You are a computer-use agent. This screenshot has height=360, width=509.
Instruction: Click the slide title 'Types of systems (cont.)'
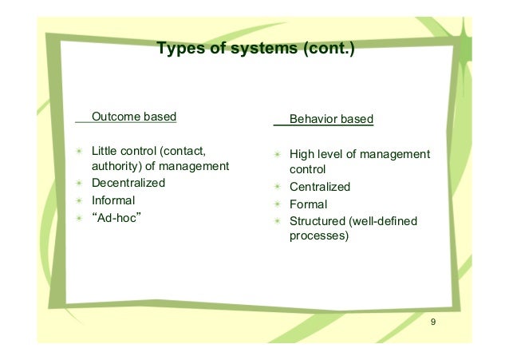click(x=255, y=50)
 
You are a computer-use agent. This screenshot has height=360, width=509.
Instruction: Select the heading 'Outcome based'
click(x=134, y=119)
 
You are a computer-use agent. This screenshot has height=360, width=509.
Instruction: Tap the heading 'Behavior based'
click(x=331, y=120)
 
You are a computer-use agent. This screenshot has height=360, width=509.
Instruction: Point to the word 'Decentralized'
click(x=129, y=183)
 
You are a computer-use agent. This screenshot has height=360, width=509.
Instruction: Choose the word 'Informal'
click(x=114, y=200)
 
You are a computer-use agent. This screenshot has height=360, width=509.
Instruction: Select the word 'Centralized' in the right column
click(x=320, y=188)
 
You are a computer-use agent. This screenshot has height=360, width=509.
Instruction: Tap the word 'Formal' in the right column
click(x=308, y=204)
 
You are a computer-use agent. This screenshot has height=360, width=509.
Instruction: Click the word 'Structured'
click(x=317, y=221)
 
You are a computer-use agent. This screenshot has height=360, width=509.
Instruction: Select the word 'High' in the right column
click(x=302, y=154)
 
